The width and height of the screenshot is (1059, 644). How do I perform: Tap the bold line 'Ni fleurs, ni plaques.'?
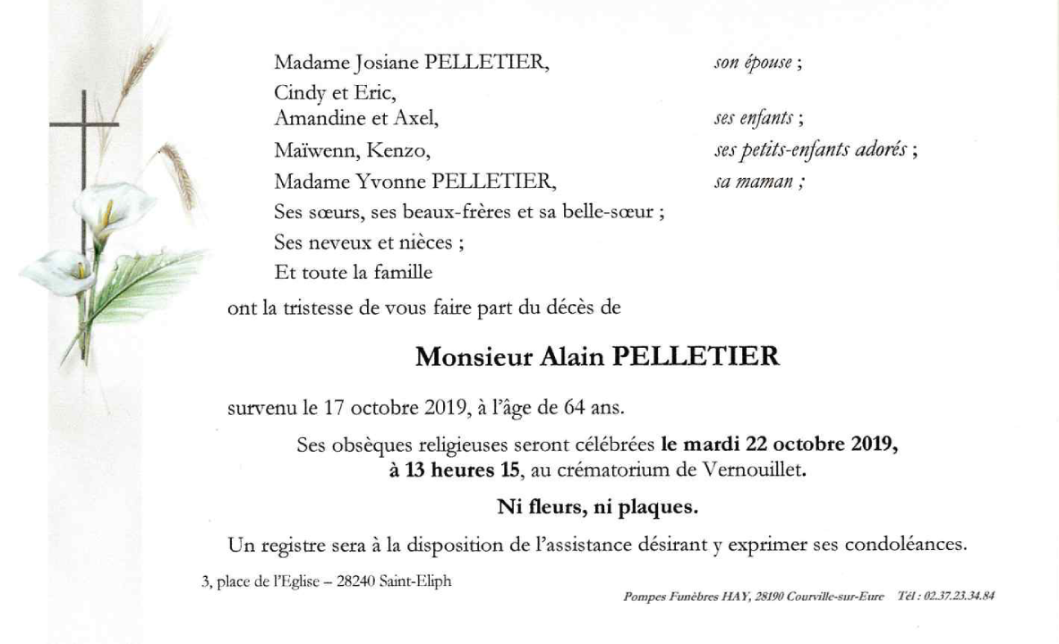pos(597,508)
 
